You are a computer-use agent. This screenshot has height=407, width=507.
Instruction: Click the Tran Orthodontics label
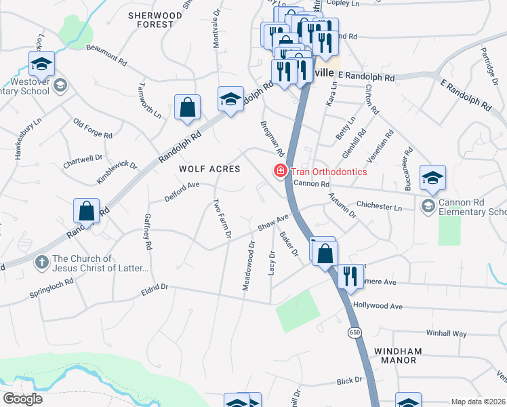coord(329,172)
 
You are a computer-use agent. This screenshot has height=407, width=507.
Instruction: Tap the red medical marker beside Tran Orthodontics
coord(279,172)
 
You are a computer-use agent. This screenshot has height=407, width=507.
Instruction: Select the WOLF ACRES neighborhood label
coord(209,169)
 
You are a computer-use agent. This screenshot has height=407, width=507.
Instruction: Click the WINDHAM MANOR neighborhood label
coord(398,355)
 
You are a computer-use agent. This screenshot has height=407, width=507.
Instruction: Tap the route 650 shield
coord(354,332)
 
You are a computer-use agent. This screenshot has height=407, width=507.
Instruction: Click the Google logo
coord(22,398)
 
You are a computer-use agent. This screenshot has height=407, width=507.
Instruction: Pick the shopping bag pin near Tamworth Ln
coord(187,107)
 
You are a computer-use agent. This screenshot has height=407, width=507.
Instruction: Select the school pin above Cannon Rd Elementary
coord(432,178)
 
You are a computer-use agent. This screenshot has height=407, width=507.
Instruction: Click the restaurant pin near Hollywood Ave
coord(350,276)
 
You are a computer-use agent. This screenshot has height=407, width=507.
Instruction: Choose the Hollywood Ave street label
coord(378,307)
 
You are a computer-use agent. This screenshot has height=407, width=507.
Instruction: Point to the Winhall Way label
coord(446,334)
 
